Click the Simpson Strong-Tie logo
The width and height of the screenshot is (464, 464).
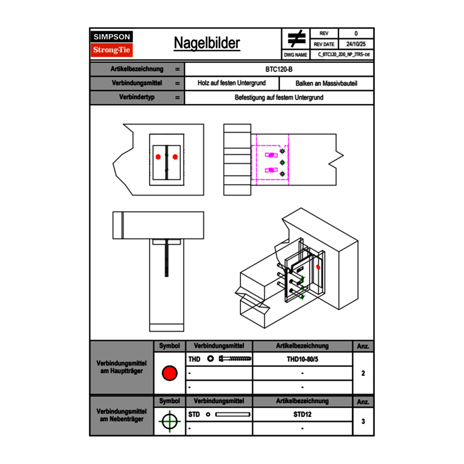coord(112,44)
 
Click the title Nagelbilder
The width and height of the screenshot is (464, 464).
coord(207,43)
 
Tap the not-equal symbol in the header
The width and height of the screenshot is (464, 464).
coord(296,38)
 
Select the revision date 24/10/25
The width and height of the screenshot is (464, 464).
coord(356,44)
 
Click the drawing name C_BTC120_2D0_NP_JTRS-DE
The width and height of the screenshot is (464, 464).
coord(343,54)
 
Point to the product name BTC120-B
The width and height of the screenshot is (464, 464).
coord(279,69)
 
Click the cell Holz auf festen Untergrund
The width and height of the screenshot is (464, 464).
coord(231,83)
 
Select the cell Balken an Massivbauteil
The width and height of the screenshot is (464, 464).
coord(326,83)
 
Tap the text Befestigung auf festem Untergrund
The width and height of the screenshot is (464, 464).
coord(279,98)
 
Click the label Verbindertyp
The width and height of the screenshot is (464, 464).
coord(137,98)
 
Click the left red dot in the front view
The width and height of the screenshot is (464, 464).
coord(158,156)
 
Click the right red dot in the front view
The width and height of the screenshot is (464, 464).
coord(175,156)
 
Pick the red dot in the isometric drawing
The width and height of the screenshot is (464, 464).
coord(318,267)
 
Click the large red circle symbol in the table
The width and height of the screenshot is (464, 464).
coord(169,373)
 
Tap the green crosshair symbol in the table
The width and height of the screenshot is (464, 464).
coord(169,421)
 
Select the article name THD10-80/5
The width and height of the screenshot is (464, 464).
coord(302,359)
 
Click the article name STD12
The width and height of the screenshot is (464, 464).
coord(302,414)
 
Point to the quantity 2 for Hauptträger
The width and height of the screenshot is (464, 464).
coord(363,373)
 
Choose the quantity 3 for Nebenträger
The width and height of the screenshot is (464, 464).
coord(363,421)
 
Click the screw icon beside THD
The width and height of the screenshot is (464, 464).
coord(235,359)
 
